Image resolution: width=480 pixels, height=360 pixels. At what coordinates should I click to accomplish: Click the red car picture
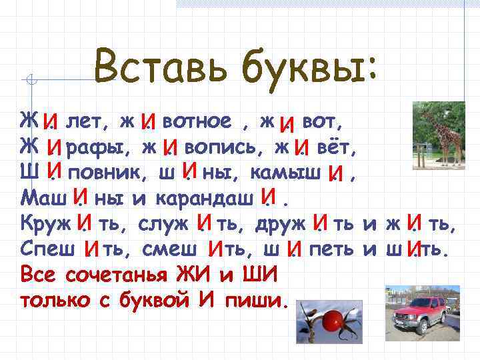pos(417,311)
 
